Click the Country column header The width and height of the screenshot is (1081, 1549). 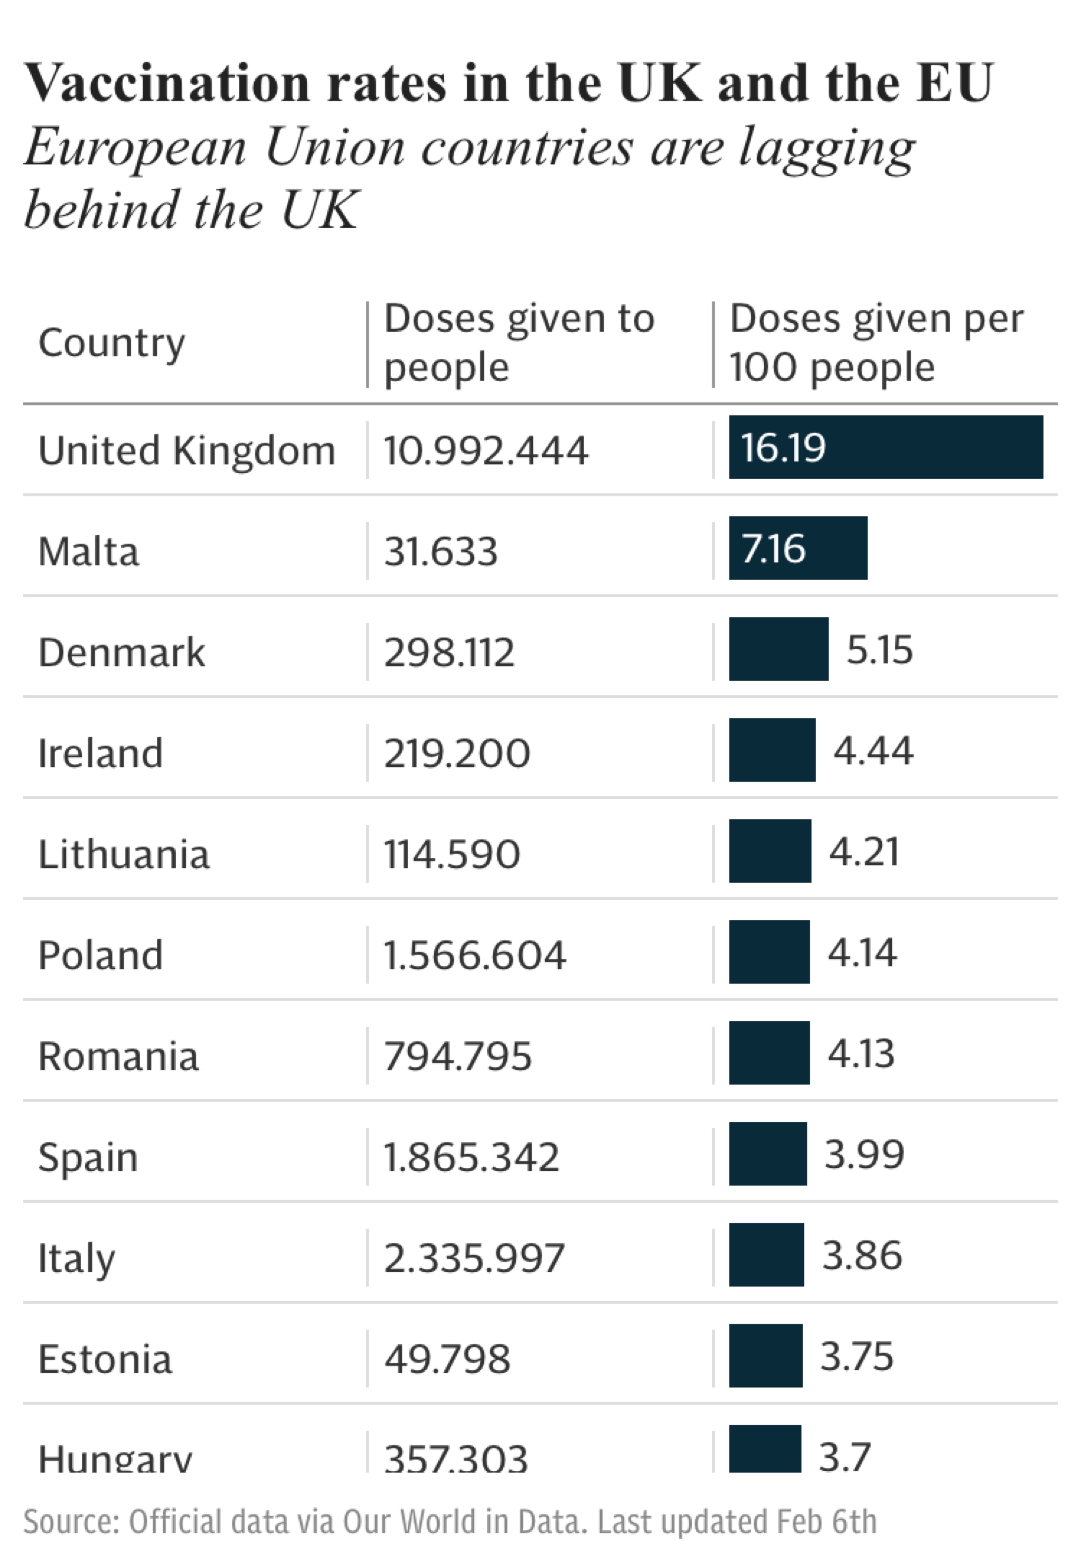(111, 343)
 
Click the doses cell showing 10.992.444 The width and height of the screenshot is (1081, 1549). (486, 451)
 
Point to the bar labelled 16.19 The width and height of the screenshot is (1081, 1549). (885, 447)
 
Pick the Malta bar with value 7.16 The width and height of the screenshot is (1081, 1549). (798, 548)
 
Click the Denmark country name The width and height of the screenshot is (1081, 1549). (121, 652)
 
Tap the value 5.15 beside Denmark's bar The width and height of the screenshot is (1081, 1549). (879, 650)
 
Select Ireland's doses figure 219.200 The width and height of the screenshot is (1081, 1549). (457, 754)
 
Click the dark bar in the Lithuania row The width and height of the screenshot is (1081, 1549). (769, 851)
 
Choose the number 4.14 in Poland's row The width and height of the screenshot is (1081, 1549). (862, 953)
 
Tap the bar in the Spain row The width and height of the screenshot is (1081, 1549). (768, 1154)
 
